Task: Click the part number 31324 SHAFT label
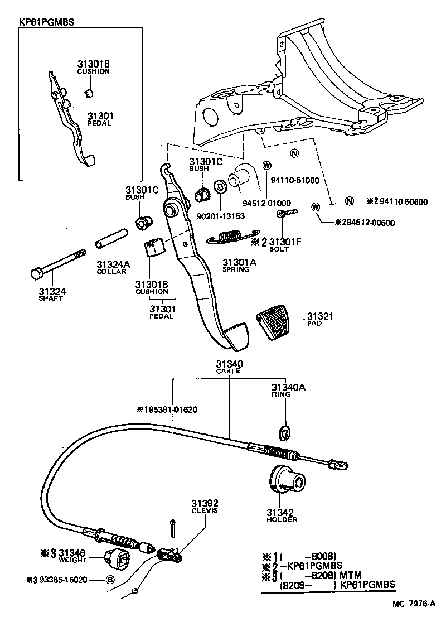tap(51, 294)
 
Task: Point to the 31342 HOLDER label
tap(282, 515)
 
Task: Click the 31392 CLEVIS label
tap(205, 506)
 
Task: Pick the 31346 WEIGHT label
tap(70, 556)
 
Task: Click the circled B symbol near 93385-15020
tap(110, 580)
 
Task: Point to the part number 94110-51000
tap(295, 180)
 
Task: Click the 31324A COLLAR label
tap(113, 267)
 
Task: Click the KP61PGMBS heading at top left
tap(47, 23)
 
